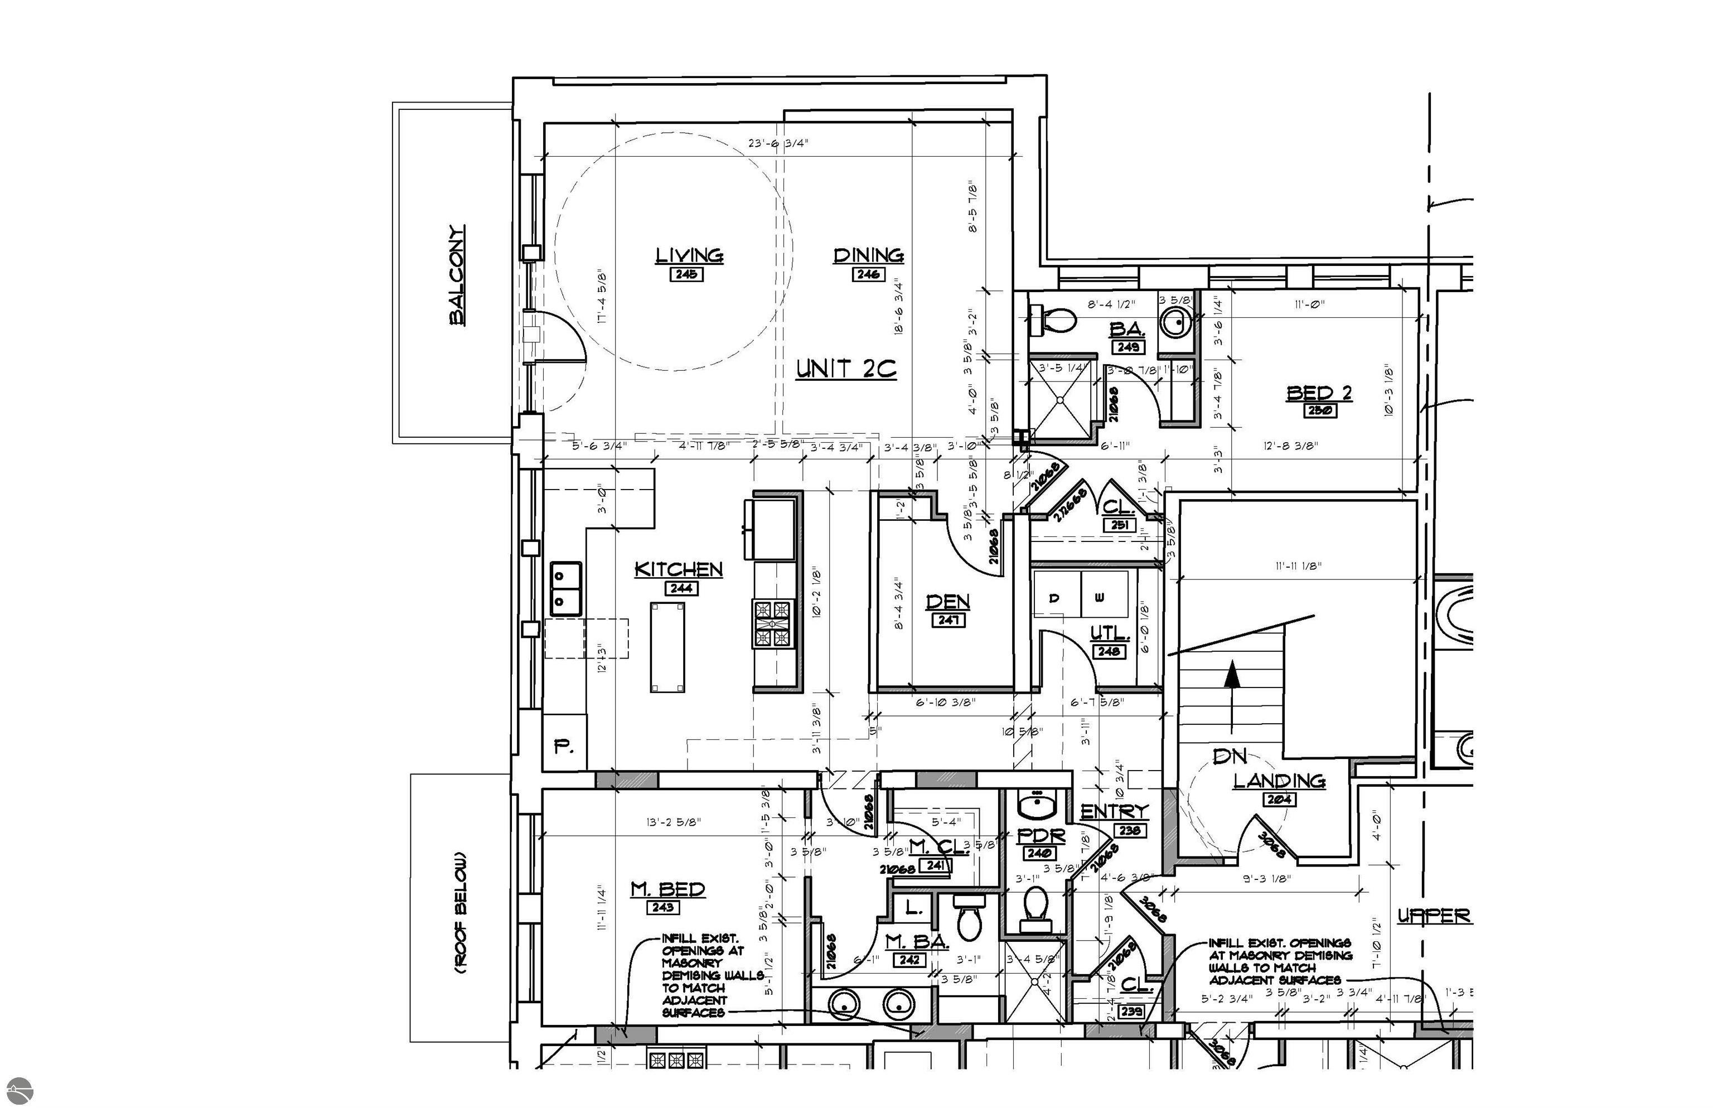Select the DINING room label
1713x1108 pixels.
(868, 255)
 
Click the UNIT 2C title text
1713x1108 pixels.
(846, 369)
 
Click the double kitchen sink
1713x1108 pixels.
(565, 588)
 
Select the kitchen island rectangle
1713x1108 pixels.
(667, 647)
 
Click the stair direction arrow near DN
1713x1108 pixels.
(1232, 694)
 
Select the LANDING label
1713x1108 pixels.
(1279, 781)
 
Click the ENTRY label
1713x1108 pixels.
(1115, 811)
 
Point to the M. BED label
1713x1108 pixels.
(667, 889)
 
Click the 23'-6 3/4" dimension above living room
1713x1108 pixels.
(778, 143)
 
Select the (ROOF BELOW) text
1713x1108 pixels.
(459, 913)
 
